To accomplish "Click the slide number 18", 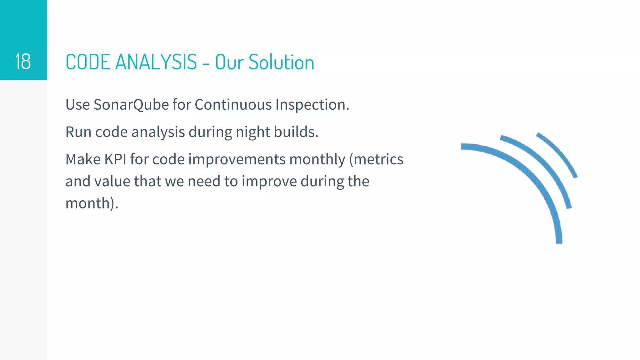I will pyautogui.click(x=23, y=62).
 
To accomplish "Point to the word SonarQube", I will pyautogui.click(x=131, y=105).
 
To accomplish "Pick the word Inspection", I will pyautogui.click(x=312, y=105).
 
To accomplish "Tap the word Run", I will pyautogui.click(x=78, y=132).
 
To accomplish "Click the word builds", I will pyautogui.click(x=296, y=132).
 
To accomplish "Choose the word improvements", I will pyautogui.click(x=237, y=160).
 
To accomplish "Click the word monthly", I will pyautogui.click(x=317, y=160).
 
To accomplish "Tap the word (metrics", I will pyautogui.click(x=376, y=159).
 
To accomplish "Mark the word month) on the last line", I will pyautogui.click(x=92, y=203).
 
